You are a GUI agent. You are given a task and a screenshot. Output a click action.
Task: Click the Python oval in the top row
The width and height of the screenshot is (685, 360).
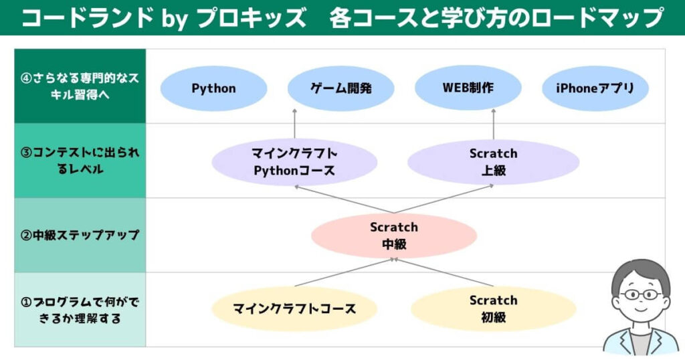(213, 88)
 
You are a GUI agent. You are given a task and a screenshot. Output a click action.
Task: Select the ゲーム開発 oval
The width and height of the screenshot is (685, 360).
(340, 88)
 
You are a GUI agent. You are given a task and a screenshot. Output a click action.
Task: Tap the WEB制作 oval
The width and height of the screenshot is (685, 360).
(468, 88)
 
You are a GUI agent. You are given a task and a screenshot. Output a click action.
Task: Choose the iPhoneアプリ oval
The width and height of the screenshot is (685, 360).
(595, 88)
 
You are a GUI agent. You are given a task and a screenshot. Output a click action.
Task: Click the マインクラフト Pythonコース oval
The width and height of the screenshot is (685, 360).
(294, 162)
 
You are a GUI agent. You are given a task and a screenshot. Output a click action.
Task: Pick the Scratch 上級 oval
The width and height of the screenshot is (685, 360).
(493, 162)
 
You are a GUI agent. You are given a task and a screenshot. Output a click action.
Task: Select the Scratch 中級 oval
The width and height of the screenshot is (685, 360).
(394, 236)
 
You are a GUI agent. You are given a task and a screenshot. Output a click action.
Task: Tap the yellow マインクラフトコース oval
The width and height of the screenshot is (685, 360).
(294, 309)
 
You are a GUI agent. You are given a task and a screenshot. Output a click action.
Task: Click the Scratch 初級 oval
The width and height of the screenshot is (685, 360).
(493, 309)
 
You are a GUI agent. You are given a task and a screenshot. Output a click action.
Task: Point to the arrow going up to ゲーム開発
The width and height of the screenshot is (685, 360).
(294, 124)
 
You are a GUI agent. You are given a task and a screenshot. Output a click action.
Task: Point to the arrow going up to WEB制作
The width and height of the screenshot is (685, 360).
(494, 124)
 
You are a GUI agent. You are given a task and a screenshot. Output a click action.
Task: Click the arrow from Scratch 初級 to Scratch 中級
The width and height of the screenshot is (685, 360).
(444, 272)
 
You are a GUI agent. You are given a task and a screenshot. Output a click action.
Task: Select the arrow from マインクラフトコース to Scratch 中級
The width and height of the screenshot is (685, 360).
(345, 272)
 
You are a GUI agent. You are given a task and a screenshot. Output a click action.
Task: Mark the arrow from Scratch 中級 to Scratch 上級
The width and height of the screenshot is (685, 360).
(444, 199)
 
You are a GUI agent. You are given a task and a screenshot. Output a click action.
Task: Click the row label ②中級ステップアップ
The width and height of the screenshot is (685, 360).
(80, 235)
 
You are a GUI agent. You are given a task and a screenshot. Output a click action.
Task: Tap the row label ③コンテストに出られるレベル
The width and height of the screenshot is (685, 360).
(80, 161)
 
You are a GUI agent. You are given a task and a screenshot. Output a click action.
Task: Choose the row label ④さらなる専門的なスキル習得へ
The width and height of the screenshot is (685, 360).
(80, 86)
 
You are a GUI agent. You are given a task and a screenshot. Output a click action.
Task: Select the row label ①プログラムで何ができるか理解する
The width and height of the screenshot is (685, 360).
(80, 310)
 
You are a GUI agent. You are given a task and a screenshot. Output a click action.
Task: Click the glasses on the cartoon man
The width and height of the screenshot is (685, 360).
(641, 294)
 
